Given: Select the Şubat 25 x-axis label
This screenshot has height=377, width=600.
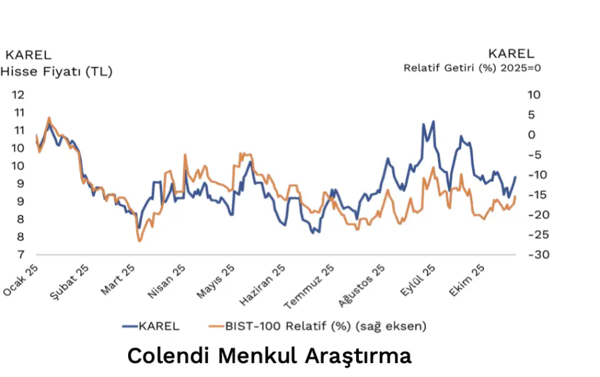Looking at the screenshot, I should (x=70, y=279).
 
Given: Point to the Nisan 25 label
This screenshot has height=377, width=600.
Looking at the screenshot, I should (x=167, y=279).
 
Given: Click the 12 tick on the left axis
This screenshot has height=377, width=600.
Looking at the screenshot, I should (x=17, y=95).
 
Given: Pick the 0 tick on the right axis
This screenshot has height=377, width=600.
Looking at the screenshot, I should (x=532, y=135).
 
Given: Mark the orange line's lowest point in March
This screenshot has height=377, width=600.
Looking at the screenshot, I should (x=139, y=241).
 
